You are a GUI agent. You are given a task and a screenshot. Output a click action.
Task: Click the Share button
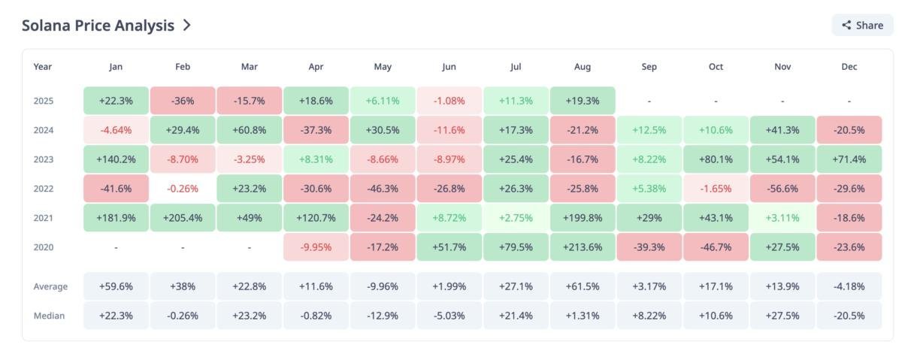point(862,25)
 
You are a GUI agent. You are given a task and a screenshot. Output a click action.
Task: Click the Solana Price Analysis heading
point(98,25)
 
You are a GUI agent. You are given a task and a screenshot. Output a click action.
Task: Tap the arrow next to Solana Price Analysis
point(187,25)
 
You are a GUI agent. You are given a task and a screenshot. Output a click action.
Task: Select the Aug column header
point(583,67)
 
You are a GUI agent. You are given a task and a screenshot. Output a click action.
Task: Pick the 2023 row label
point(44,159)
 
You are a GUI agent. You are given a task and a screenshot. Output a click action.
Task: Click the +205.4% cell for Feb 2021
point(183,218)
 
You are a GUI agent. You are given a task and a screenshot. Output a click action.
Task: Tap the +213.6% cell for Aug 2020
point(583,247)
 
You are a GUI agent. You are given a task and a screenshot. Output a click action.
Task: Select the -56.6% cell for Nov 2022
point(782,189)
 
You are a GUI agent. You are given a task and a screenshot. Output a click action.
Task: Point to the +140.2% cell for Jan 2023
point(116,159)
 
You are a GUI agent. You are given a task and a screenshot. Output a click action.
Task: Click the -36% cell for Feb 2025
point(183,101)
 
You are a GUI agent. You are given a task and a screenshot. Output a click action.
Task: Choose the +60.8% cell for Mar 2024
point(250,130)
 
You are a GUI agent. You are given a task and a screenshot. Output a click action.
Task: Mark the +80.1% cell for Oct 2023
point(716,159)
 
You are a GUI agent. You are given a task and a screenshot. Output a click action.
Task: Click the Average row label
point(50,286)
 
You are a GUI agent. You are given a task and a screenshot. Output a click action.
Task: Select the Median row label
point(49,316)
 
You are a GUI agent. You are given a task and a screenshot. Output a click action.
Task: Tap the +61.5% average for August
point(583,286)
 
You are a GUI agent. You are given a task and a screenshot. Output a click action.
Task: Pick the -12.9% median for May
point(383,316)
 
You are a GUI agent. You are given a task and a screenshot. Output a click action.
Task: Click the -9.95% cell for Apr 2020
point(316,247)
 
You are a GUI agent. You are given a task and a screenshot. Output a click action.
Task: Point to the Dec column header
point(849,67)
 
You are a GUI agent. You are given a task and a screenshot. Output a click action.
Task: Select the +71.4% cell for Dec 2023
point(849,159)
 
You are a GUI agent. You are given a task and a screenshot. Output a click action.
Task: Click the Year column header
point(43,67)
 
